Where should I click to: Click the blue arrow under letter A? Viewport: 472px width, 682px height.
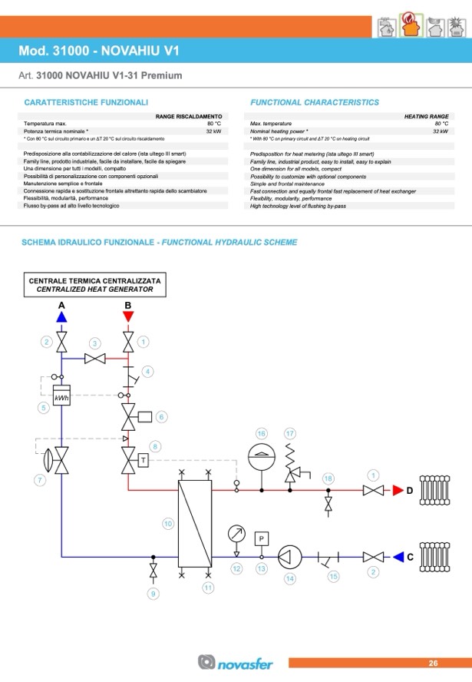(x=62, y=316)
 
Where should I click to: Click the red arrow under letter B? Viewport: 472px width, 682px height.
(x=128, y=316)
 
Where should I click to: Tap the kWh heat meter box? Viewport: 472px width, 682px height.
(x=61, y=397)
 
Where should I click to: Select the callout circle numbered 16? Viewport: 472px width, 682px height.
(x=261, y=433)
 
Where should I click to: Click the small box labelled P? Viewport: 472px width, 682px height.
(x=261, y=538)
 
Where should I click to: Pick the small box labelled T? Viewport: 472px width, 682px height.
(x=144, y=460)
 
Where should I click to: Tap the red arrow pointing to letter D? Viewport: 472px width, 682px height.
(x=397, y=490)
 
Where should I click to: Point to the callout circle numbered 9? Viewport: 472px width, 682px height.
(x=153, y=594)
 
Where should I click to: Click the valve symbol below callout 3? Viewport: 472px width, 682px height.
(x=95, y=359)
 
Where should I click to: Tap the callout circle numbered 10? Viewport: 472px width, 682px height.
(x=167, y=524)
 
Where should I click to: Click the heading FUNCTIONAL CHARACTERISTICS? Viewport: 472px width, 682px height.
(x=315, y=102)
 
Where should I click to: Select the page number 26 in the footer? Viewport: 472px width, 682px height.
(x=433, y=663)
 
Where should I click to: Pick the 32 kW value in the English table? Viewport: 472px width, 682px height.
(x=440, y=131)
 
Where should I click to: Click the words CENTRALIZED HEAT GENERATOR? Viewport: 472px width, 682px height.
(x=95, y=290)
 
